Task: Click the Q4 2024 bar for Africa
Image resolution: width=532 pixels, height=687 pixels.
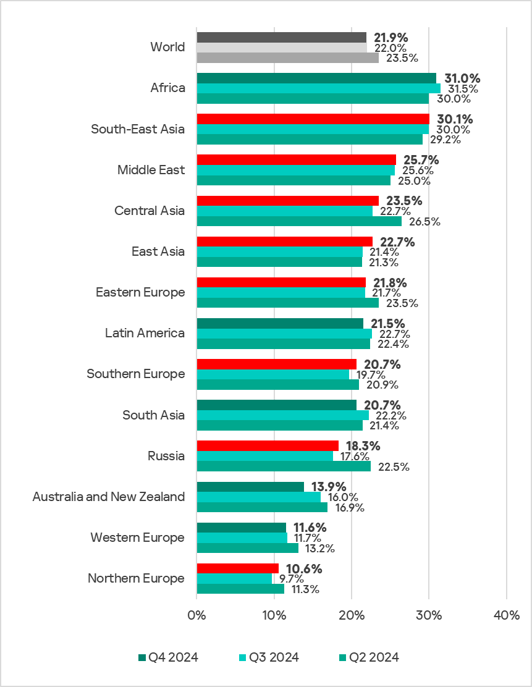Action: (316, 78)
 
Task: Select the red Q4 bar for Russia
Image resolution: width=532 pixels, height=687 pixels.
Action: (268, 445)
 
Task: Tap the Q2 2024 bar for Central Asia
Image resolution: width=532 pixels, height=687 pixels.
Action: (299, 221)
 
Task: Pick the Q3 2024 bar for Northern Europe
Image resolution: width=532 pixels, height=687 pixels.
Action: (234, 578)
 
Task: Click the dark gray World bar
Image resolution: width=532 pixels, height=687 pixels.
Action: (282, 37)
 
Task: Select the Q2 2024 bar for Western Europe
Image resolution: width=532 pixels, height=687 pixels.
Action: (247, 548)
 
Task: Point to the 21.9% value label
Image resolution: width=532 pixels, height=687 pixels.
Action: (391, 38)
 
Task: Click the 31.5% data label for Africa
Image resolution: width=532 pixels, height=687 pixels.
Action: (458, 89)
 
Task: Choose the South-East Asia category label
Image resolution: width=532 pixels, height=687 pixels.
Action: (137, 129)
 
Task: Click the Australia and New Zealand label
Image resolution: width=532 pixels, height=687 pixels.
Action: (109, 497)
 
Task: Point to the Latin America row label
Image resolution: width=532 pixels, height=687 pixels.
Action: (145, 333)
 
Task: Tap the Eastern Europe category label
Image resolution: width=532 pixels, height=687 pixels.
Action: (140, 292)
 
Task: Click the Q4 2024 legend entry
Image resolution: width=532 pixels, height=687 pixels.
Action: (168, 657)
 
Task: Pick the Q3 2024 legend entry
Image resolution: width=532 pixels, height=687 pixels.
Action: (268, 657)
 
